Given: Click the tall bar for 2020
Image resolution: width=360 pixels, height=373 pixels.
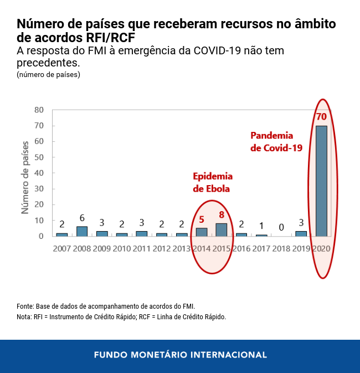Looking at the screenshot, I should [x=321, y=181].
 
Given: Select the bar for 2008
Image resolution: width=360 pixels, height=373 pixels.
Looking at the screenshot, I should [x=82, y=231].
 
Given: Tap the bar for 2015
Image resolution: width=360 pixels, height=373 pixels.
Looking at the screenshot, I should [x=222, y=229].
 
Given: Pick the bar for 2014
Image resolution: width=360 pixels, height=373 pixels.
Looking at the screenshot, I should [x=202, y=232].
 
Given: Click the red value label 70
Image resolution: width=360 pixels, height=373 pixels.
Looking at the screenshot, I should [x=321, y=117].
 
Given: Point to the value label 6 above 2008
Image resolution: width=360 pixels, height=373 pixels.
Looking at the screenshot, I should [x=82, y=218].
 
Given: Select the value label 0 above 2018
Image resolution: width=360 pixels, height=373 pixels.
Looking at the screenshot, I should [x=281, y=227].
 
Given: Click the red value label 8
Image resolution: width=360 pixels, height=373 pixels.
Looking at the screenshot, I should [x=222, y=214].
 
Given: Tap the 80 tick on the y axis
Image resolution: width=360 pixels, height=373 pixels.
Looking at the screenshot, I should [x=39, y=110].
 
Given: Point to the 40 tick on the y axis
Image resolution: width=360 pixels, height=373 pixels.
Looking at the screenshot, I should [x=39, y=173].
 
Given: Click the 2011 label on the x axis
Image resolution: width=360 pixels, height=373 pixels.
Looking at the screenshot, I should [x=142, y=248].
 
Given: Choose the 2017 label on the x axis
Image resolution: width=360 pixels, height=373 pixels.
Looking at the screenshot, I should [x=261, y=248].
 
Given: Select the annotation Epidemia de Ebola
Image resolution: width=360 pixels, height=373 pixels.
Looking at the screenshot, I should [x=212, y=182].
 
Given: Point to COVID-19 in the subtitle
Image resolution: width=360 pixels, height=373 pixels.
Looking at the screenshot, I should [x=217, y=51].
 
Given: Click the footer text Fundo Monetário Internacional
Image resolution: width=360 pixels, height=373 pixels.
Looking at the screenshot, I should [x=180, y=355].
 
